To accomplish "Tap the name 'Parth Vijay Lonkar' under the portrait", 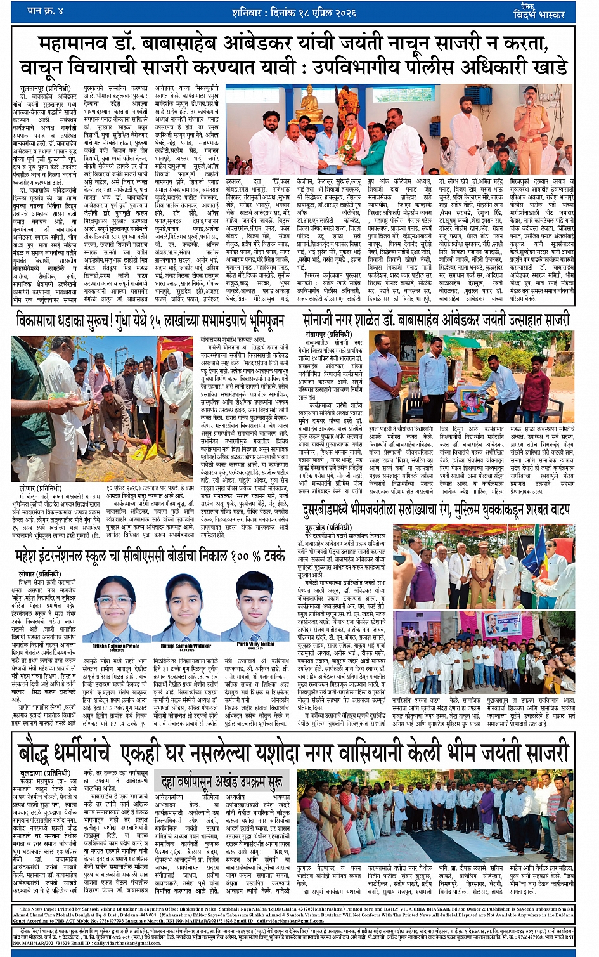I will pos(256,644).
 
